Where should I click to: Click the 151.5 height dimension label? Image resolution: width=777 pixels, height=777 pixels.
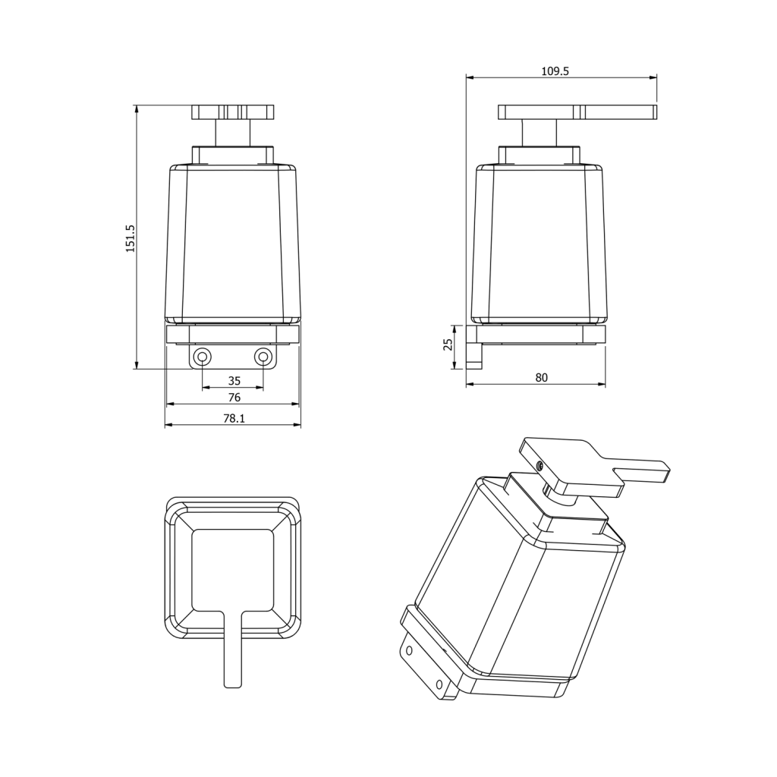[131, 238]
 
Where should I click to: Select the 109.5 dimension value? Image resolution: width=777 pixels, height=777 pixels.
[555, 71]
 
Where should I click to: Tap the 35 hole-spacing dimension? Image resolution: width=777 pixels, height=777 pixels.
[234, 381]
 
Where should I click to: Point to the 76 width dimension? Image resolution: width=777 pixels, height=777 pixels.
[234, 398]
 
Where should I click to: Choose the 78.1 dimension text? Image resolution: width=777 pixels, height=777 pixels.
[234, 419]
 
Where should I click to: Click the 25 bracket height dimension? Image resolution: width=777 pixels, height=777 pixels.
[448, 344]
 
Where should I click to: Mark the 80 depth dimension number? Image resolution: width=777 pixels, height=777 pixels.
[542, 378]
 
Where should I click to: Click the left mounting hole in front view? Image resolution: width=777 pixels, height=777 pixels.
[202, 357]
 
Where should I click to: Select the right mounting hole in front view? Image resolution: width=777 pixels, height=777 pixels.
[263, 357]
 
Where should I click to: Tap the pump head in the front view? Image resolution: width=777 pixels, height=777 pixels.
[233, 112]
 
